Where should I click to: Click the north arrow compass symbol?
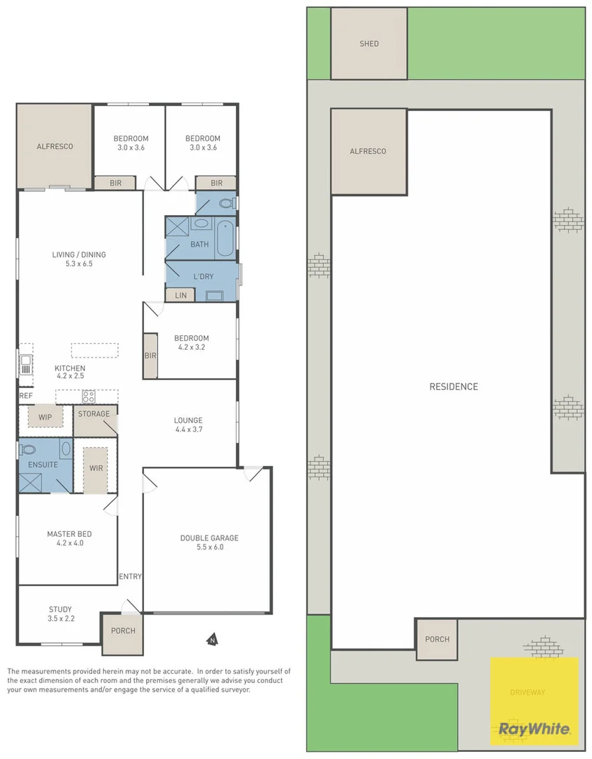click(x=212, y=640)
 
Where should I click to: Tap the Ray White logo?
click(x=534, y=729)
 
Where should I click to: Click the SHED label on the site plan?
click(x=369, y=44)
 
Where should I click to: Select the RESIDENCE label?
click(x=454, y=387)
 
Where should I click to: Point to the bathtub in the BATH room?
click(x=225, y=238)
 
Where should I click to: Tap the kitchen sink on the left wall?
click(x=26, y=365)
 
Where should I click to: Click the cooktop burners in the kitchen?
click(x=88, y=397)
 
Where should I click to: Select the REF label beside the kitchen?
click(x=26, y=396)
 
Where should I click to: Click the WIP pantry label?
click(x=45, y=417)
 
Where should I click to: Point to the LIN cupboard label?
click(x=181, y=295)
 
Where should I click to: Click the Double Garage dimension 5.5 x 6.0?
click(x=210, y=547)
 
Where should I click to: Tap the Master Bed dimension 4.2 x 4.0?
click(x=70, y=543)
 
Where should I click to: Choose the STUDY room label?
click(x=60, y=609)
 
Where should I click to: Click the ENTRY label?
click(x=130, y=576)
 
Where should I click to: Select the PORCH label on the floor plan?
click(x=124, y=630)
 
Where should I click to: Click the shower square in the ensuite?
click(x=30, y=483)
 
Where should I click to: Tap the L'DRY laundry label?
click(x=203, y=276)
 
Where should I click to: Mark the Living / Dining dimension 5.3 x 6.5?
click(x=79, y=264)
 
